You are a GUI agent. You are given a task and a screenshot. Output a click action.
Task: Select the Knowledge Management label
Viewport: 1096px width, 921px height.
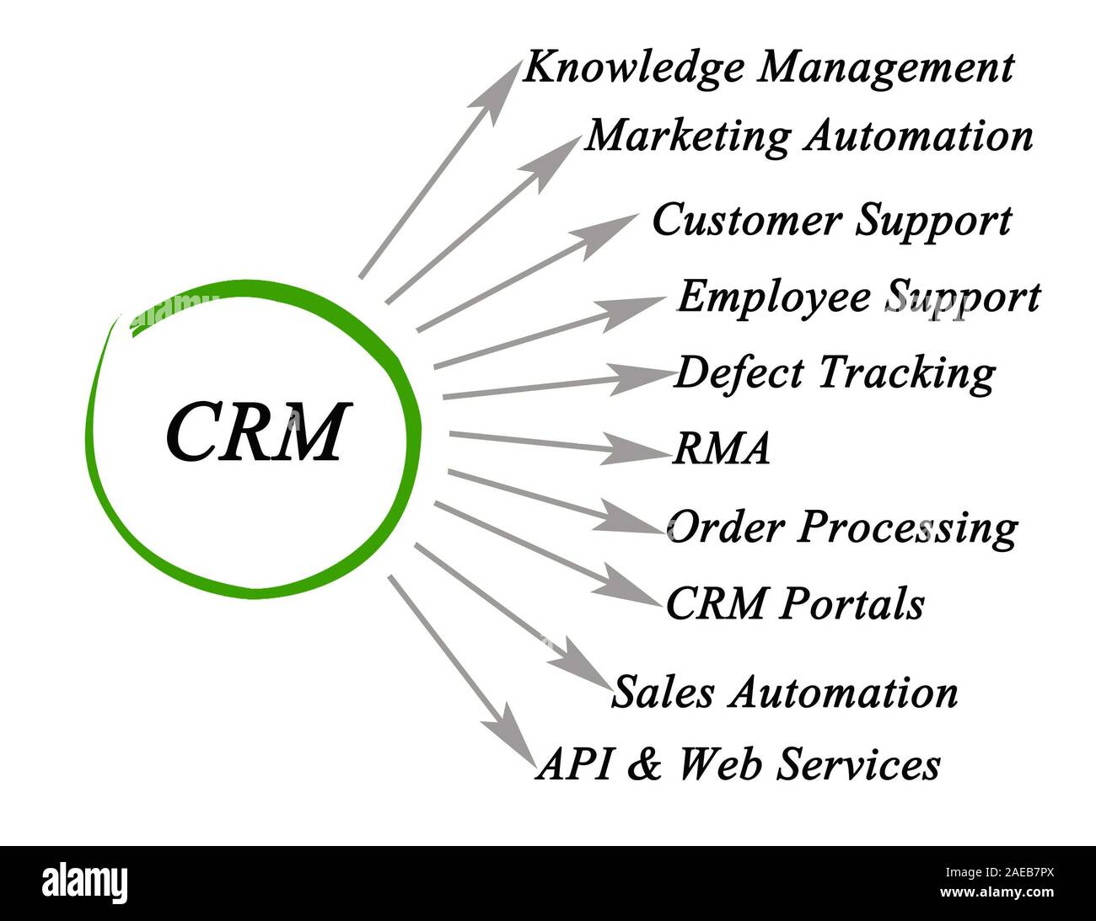pos(767,67)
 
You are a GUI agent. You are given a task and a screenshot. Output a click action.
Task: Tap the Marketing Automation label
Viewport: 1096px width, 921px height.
pos(809,135)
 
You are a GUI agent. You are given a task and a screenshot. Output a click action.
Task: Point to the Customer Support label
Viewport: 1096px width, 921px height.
pos(831,221)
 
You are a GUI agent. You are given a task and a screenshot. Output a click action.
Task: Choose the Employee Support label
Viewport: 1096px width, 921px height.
pos(858,297)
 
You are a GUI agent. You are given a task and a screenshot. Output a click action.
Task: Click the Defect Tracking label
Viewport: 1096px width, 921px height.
pos(834,372)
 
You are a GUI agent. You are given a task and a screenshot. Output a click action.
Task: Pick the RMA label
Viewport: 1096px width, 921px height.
pos(721,449)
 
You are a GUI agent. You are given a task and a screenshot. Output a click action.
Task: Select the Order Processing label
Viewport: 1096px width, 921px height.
pos(841,527)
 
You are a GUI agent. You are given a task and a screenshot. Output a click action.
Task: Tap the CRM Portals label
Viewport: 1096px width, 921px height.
pos(794,603)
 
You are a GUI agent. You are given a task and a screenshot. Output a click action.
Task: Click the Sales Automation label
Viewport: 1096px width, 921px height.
pos(784,693)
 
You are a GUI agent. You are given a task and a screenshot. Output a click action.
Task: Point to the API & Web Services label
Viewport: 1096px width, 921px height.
pos(738,765)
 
